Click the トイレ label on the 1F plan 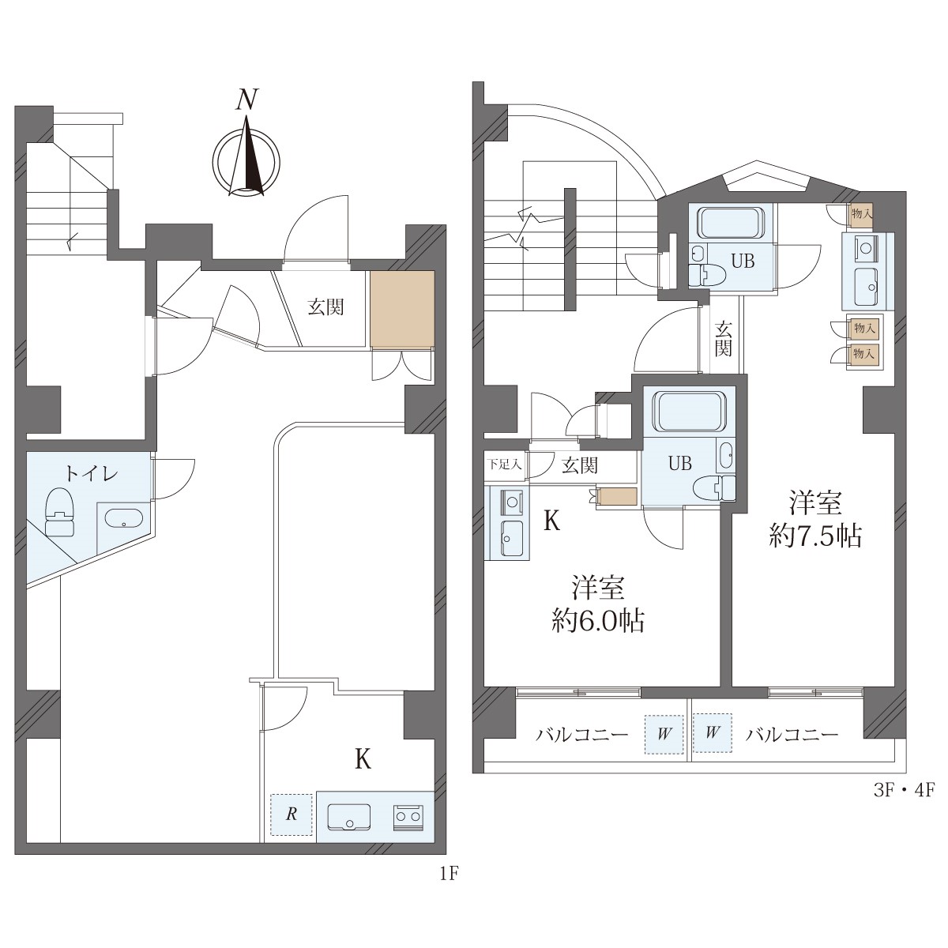point(92,474)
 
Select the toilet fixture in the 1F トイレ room point(59,511)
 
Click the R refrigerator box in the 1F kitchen point(292,814)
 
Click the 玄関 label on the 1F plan point(325,307)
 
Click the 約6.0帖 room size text point(598,621)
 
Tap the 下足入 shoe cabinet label point(504,464)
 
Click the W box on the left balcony point(664,734)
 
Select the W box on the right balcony point(712,733)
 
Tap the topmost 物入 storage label point(862,213)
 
